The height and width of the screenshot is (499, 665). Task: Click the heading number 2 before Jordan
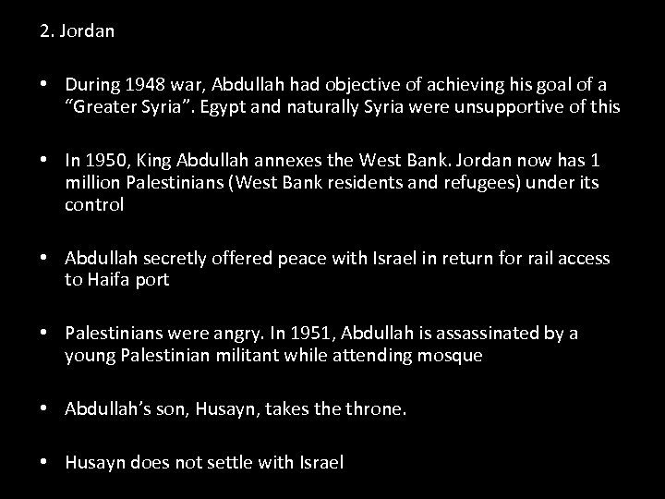coord(44,30)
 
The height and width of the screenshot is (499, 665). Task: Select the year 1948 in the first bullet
coord(145,86)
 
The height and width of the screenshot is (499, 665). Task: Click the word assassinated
coord(491,334)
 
